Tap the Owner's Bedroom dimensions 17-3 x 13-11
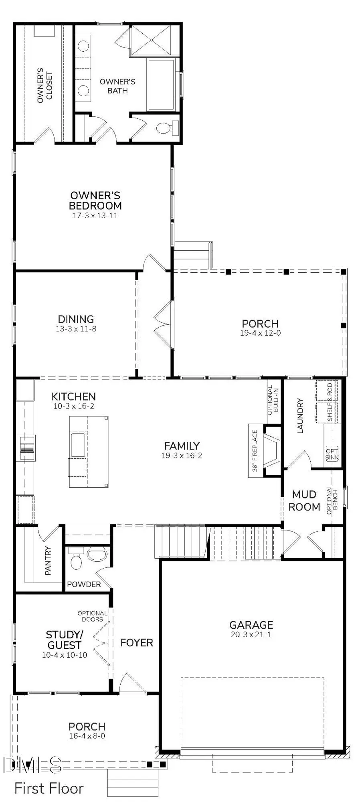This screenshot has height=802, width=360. coord(95,215)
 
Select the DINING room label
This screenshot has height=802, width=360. coord(76,319)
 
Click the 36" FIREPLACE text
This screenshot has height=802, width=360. coord(255,451)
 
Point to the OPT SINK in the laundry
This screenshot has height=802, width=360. coord(332,454)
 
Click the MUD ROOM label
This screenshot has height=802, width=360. coord(304,500)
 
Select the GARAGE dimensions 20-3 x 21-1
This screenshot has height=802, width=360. coord(251,634)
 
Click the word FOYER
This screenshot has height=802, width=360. coord(137,642)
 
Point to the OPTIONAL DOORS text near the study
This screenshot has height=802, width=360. coord(93,616)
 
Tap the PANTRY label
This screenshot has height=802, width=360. coord(48,561)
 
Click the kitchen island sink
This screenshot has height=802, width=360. coord(78,445)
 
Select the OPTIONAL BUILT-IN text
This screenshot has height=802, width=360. coord(273,400)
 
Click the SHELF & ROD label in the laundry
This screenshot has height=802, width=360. coord(330,402)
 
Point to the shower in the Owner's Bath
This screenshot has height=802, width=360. coord(151,40)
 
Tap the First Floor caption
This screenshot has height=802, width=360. coord(49,788)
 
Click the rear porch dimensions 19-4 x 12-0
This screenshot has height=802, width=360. coord(260,333)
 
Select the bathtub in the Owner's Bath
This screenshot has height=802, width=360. coord(161,84)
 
